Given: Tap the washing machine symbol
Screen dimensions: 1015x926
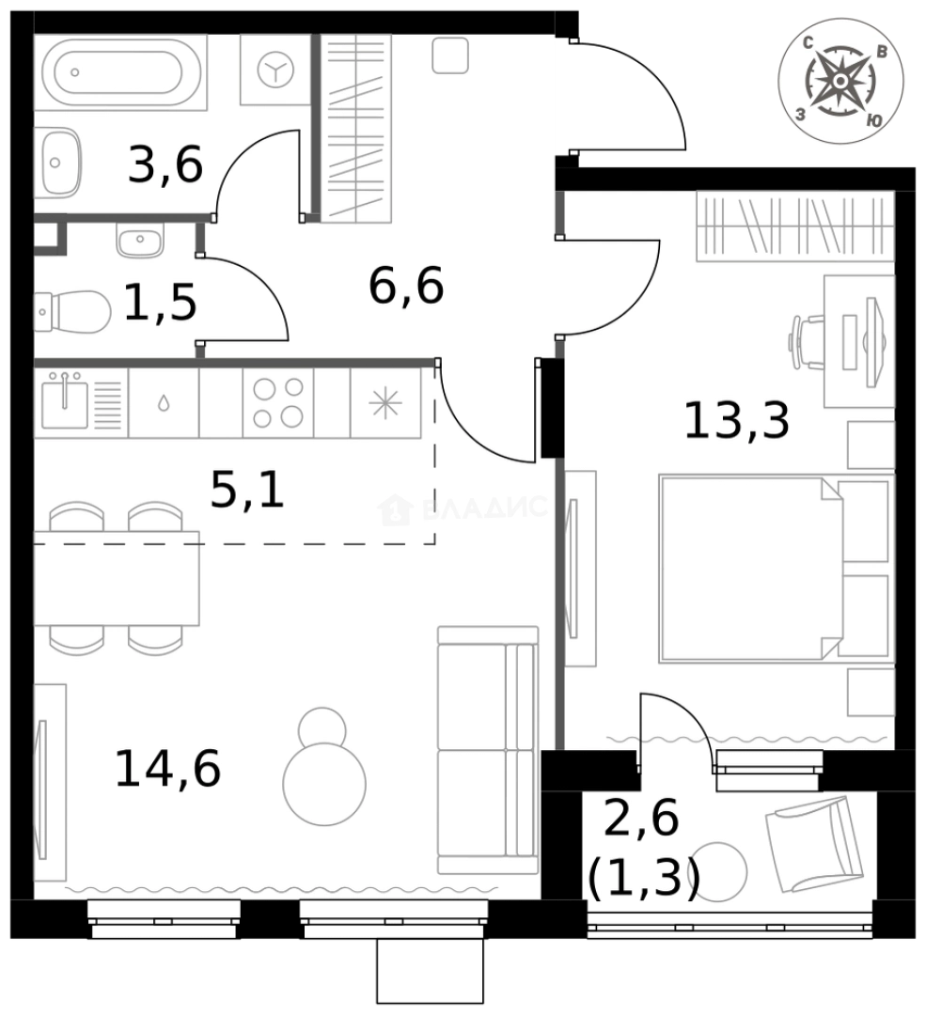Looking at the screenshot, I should tap(275, 70).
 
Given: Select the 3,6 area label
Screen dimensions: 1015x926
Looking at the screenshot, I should tap(165, 166).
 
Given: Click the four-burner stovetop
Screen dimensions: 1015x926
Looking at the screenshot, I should tap(277, 402).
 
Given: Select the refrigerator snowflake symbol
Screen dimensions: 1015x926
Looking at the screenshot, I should tap(385, 402).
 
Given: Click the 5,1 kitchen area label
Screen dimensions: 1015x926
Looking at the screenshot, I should tap(246, 490).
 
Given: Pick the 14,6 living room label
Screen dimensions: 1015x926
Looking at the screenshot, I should tap(167, 768).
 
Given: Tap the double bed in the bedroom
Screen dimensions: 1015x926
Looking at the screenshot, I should tap(773, 568).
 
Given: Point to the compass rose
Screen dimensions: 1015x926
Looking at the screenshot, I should tap(840, 82).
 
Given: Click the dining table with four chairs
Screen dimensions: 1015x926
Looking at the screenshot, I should tap(116, 577).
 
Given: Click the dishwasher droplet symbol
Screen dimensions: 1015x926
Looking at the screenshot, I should tap(164, 403).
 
